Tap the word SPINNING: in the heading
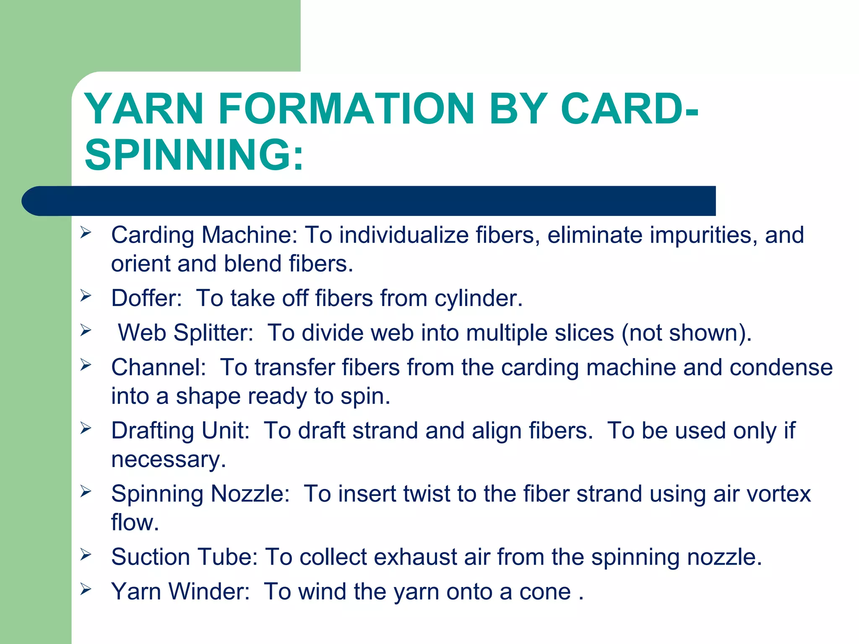pos(194,155)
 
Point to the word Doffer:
pos(146,299)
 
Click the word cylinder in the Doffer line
pos(478,299)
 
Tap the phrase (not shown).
pos(686,333)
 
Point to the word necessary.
pos(168,460)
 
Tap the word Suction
pos(150,557)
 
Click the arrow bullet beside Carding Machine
pos(86,232)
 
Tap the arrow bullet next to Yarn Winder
pos(86,589)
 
